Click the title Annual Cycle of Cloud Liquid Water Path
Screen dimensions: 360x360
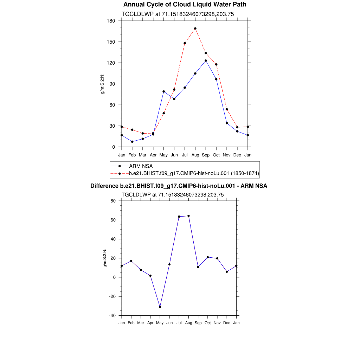click(x=185, y=5)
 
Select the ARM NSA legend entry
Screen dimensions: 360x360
click(x=141, y=166)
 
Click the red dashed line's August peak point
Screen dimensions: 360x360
click(x=195, y=28)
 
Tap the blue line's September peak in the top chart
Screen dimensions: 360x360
click(x=206, y=60)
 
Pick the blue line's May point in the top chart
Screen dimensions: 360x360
click(x=163, y=91)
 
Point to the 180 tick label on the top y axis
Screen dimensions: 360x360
click(x=111, y=21)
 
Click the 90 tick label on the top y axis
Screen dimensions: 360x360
click(x=112, y=84)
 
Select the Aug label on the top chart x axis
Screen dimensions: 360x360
click(x=195, y=155)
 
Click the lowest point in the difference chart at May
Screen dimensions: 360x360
click(x=160, y=307)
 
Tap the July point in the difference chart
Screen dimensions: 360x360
click(x=179, y=217)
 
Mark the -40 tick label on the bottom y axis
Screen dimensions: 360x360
click(x=113, y=315)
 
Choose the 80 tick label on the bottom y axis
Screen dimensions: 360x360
click(x=113, y=201)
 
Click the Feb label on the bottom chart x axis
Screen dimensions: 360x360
click(x=131, y=322)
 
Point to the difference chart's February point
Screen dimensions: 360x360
click(x=131, y=261)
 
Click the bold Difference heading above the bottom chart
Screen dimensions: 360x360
click(x=179, y=186)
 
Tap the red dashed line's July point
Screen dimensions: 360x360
click(x=185, y=43)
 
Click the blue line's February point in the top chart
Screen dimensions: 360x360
click(x=132, y=142)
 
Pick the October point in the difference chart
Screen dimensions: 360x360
click(x=208, y=257)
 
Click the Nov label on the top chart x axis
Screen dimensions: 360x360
click(x=227, y=155)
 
